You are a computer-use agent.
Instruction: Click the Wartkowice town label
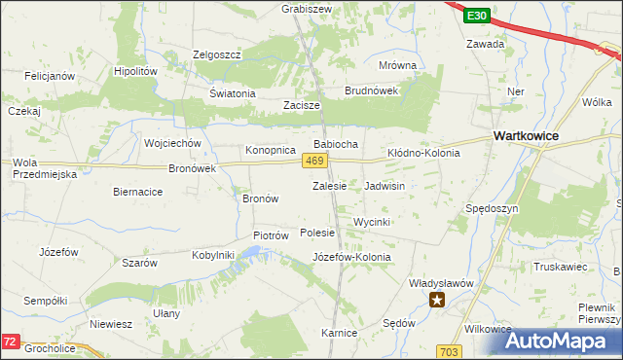[526, 136]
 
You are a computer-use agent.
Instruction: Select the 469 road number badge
[312, 161]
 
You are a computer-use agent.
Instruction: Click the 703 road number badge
[449, 350]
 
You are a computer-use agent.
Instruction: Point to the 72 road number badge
[10, 342]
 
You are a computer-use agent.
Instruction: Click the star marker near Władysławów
[438, 300]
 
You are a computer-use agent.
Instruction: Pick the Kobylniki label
[213, 255]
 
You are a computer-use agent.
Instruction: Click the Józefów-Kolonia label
[351, 257]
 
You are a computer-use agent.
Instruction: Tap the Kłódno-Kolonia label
[423, 154]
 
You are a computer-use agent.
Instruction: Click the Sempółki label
[45, 301]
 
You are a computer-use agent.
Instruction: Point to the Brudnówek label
[372, 90]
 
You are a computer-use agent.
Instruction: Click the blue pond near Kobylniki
[250, 254]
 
